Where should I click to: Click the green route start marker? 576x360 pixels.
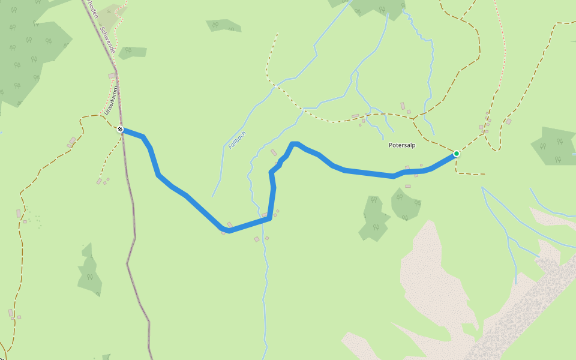[x=457, y=154]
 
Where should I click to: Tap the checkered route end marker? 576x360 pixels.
[x=121, y=129]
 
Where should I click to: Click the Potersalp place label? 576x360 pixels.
[x=402, y=145]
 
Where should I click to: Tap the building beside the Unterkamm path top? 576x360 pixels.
[x=112, y=76]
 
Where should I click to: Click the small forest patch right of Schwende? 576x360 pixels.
[x=133, y=52]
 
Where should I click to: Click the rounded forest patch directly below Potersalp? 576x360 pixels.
[x=406, y=203]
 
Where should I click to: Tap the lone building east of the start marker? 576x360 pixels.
[x=508, y=122]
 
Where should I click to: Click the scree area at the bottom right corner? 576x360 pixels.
[x=528, y=312]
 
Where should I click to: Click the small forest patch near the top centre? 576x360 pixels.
[x=223, y=25]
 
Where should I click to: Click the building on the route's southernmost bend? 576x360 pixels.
[x=229, y=225]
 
